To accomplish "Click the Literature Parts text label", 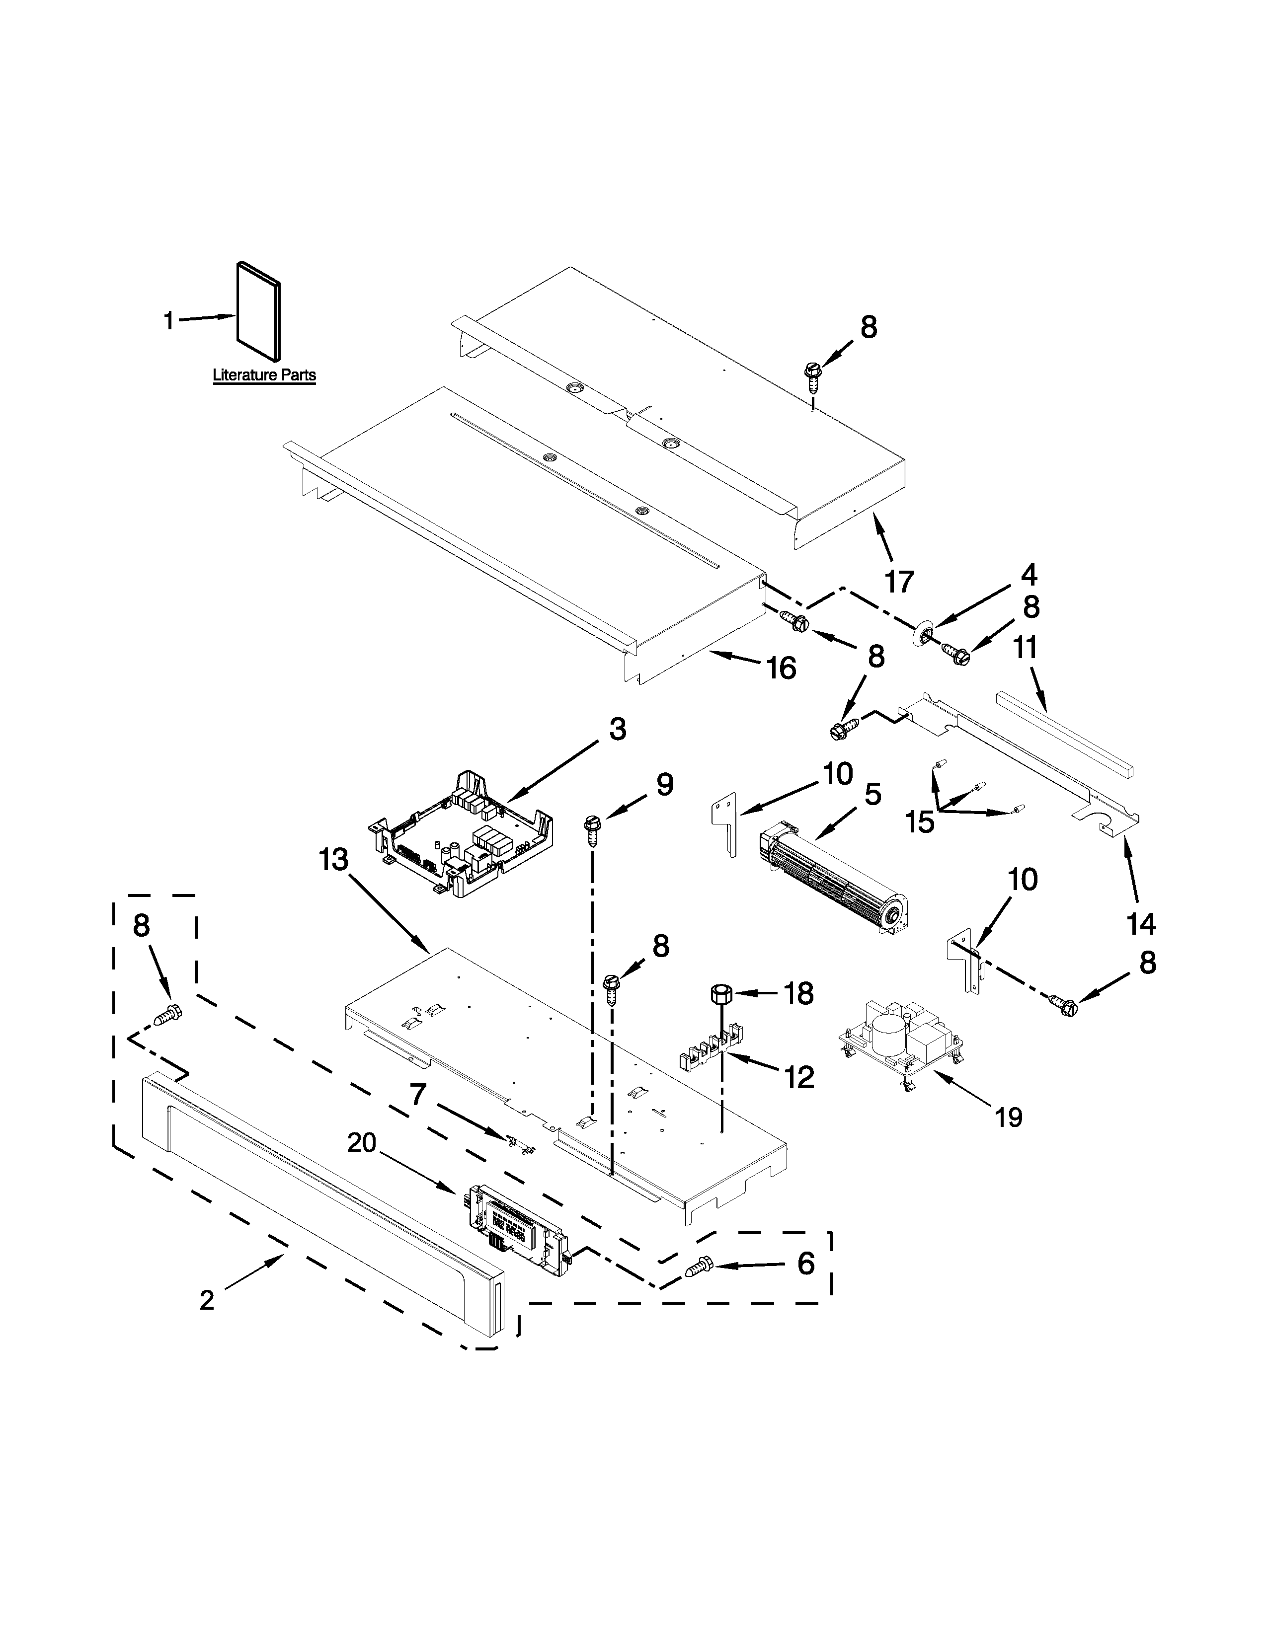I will pos(264,375).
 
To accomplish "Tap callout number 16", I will pos(782,667).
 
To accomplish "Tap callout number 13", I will pos(333,860).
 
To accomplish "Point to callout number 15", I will pos(920,822).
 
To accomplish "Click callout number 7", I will pos(418,1094).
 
